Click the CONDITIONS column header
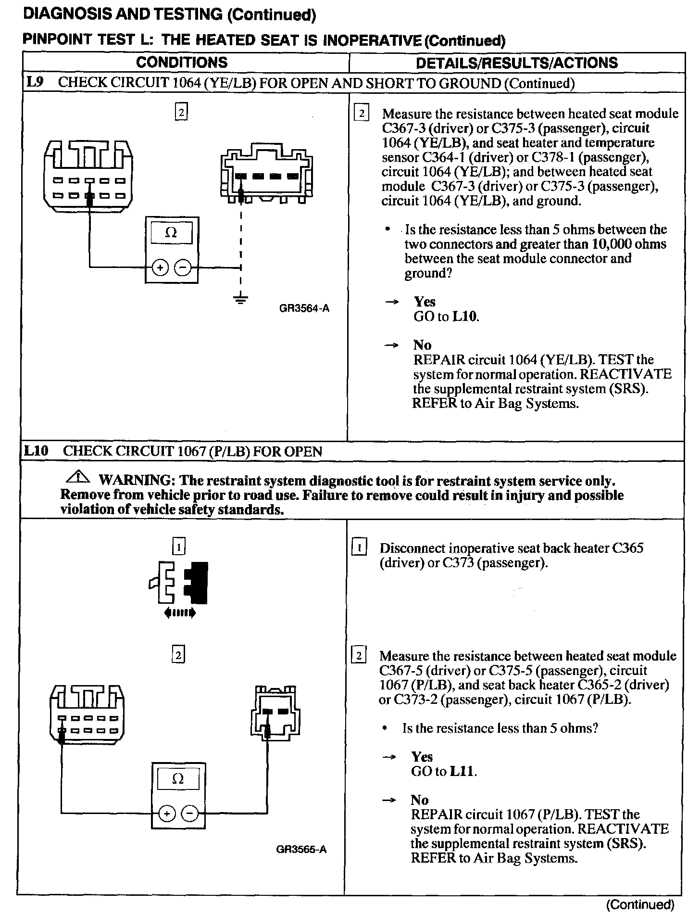click(182, 63)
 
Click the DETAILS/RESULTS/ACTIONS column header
click(516, 63)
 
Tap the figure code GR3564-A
click(304, 308)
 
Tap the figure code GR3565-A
click(301, 849)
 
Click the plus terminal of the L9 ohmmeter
click(160, 267)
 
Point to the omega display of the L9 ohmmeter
click(171, 233)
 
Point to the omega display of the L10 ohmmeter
click(177, 779)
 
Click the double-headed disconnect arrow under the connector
click(180, 612)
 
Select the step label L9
click(35, 82)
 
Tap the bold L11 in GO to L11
click(462, 771)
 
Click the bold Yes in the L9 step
click(425, 302)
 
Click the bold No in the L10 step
click(419, 800)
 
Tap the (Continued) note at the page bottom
click(641, 905)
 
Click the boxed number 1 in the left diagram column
click(178, 547)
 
